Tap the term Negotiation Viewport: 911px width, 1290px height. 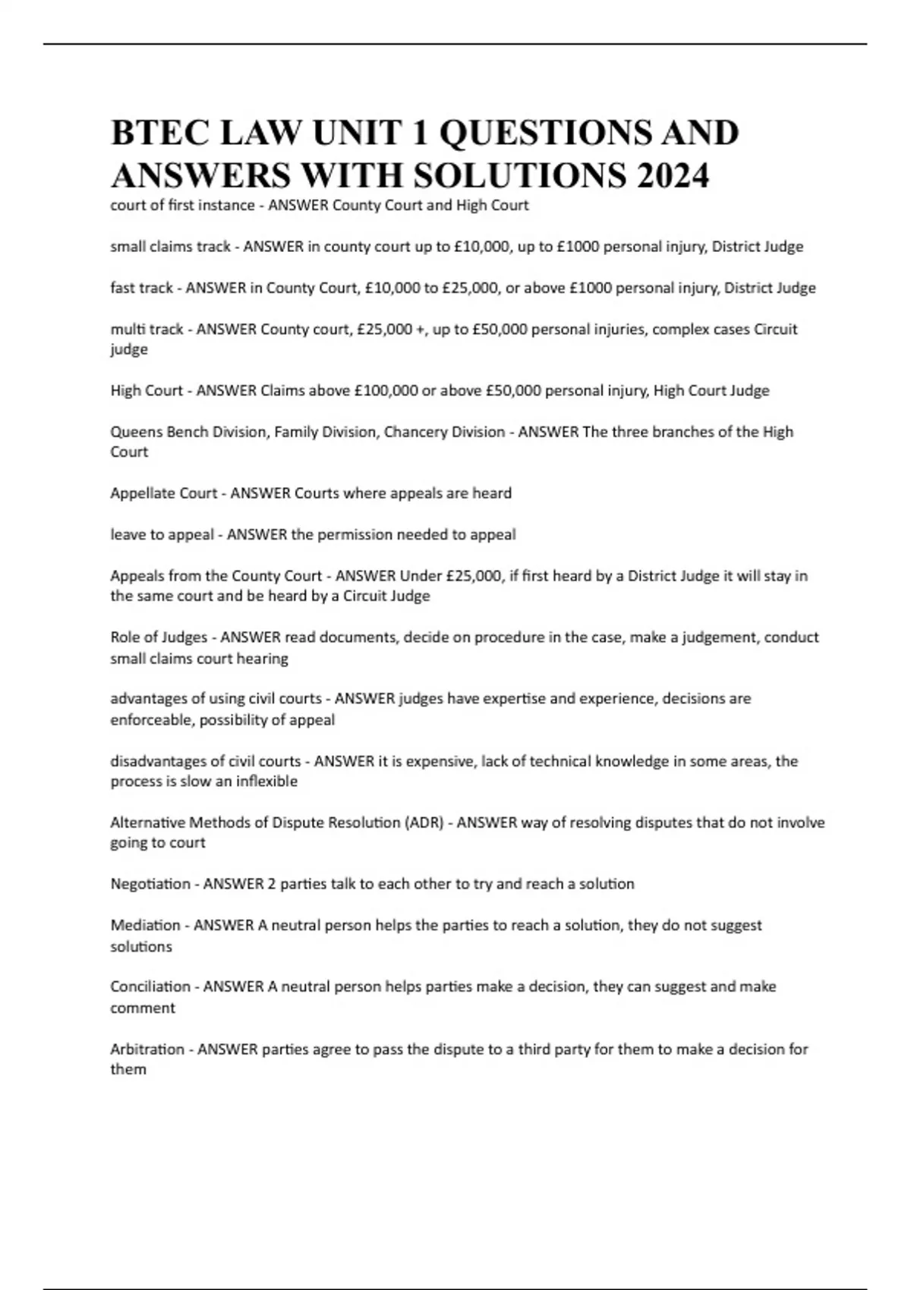[x=150, y=884]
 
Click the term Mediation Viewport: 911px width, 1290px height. [x=145, y=926]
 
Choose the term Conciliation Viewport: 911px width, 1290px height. [x=150, y=987]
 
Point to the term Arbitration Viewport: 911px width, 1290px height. [x=147, y=1049]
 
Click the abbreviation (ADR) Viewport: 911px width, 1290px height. [x=425, y=823]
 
